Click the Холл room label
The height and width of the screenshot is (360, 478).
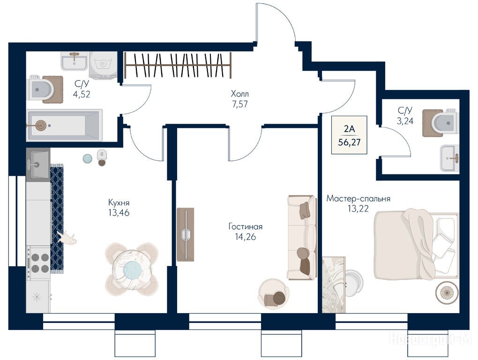tap(239, 93)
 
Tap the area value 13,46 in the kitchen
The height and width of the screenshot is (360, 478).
tap(119, 212)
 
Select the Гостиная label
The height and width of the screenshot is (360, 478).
tap(246, 226)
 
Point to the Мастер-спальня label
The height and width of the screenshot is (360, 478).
tap(358, 198)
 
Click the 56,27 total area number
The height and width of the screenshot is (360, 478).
tap(349, 142)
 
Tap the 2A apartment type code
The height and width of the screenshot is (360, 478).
tap(349, 128)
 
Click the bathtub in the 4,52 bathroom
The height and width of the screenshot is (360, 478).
tap(64, 125)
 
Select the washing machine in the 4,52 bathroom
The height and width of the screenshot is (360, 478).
tap(104, 65)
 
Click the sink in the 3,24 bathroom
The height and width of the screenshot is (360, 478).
tap(450, 158)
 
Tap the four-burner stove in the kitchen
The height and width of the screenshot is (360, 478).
tap(38, 263)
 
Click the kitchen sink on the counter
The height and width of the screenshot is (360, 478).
tap(38, 165)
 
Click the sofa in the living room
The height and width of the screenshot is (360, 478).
tap(302, 238)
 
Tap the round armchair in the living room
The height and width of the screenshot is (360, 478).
tap(274, 294)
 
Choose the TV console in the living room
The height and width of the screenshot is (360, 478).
tap(186, 234)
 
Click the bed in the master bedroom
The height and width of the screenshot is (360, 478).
tap(417, 244)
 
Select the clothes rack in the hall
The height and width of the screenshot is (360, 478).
tap(178, 65)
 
